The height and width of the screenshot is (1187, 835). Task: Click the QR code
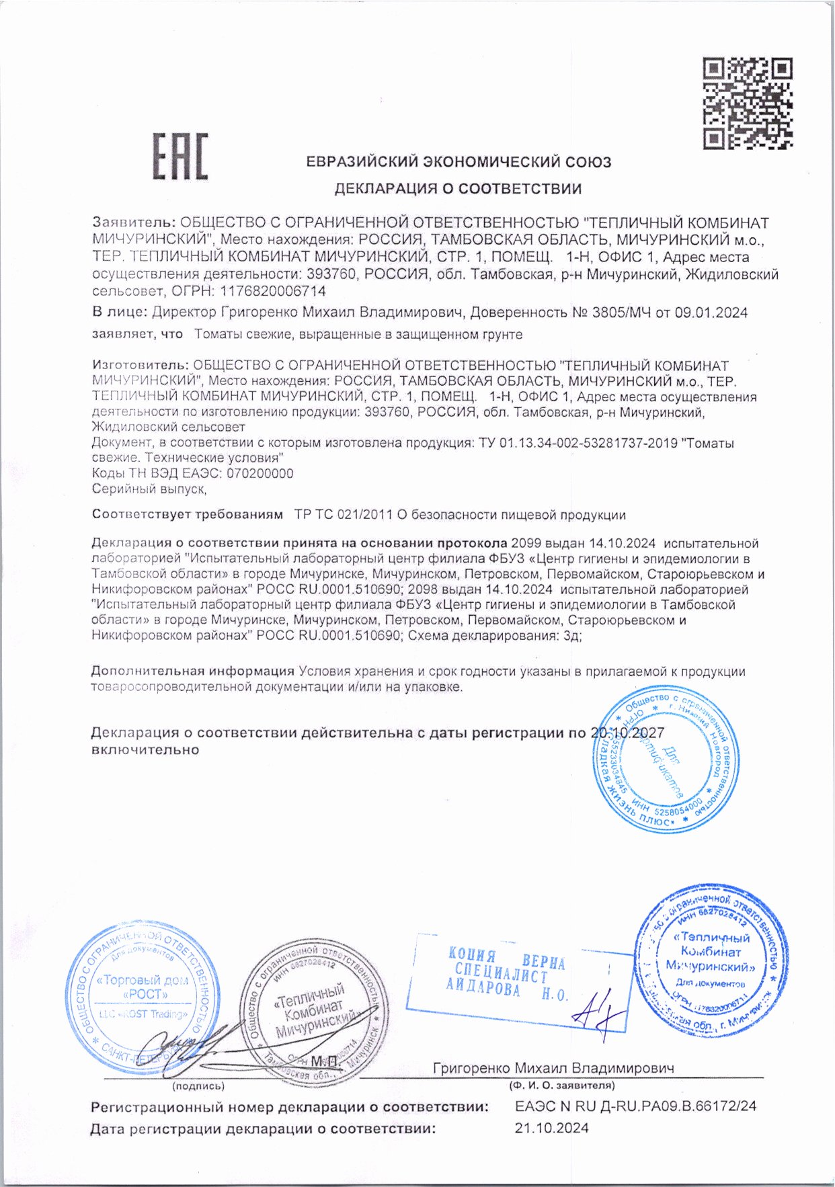coord(748,104)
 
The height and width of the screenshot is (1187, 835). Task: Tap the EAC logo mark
coord(180,157)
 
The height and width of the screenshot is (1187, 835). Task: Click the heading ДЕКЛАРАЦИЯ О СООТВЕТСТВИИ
coord(458,189)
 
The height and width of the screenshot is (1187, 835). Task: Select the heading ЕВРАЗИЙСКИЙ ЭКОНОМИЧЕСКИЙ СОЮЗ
coord(459,162)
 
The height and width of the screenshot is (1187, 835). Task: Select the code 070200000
coord(260,473)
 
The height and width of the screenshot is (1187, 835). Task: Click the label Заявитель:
coord(134,223)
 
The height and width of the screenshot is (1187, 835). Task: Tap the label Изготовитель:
coord(140,366)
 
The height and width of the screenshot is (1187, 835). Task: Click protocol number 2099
coord(526,543)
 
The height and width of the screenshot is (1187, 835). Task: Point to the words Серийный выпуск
coord(148,489)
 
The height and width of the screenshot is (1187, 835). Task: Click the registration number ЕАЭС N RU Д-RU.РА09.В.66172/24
coord(635,1106)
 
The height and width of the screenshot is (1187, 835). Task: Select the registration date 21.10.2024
coord(551,1128)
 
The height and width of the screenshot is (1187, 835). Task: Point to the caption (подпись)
coord(198,1086)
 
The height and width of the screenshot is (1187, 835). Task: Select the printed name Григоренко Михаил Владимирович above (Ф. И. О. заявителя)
coord(553,1068)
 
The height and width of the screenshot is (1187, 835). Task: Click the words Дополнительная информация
coord(193,671)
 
